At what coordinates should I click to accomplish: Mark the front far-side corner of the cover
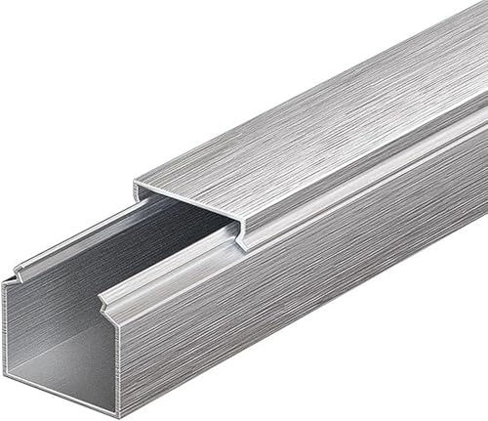pos(137,183)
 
